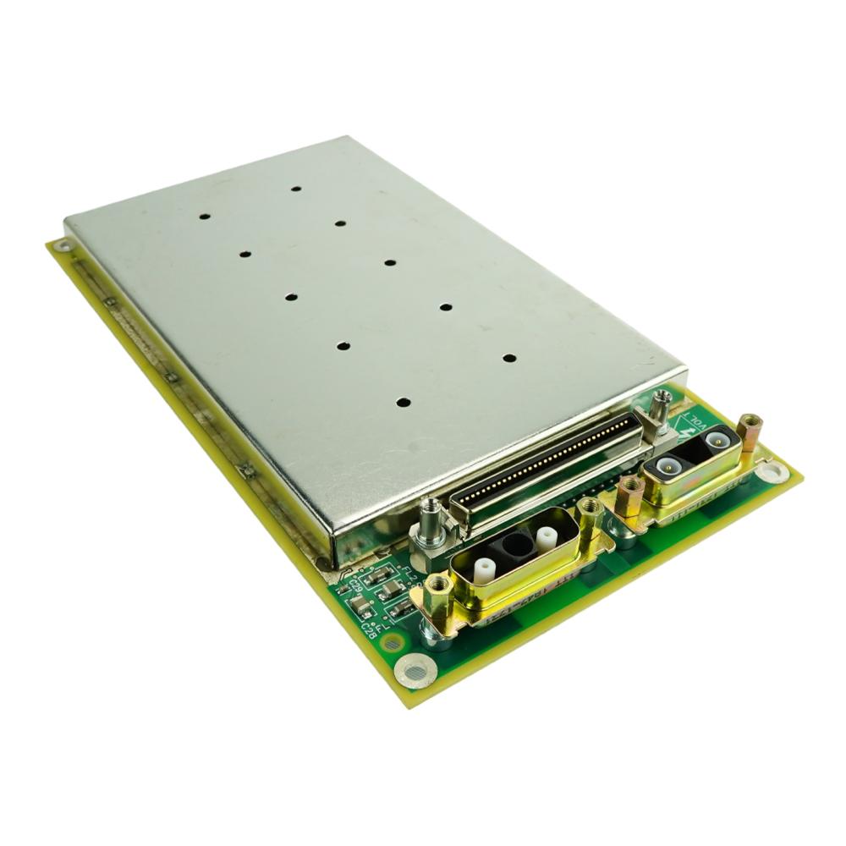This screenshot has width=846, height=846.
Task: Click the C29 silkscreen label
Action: click(355, 585)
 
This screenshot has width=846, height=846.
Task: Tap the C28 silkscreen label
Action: click(370, 627)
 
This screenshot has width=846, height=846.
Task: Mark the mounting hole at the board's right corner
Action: click(774, 472)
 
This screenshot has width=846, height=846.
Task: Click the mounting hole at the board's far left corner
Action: click(61, 246)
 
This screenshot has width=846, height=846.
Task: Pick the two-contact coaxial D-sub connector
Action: click(689, 465)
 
